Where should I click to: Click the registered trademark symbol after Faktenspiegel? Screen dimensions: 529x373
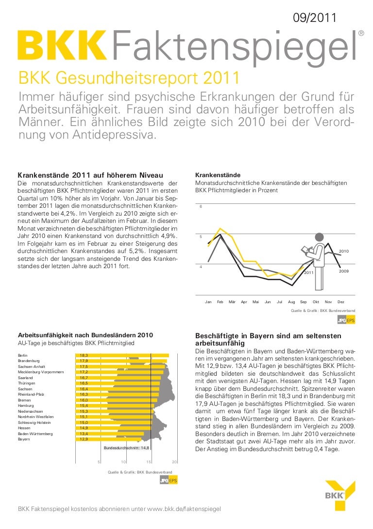click(361, 33)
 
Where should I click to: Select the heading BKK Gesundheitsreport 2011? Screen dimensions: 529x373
click(128, 77)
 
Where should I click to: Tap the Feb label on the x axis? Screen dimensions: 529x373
click(220, 302)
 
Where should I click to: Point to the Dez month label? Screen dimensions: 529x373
click(340, 302)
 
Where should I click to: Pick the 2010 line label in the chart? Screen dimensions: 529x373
click(344, 251)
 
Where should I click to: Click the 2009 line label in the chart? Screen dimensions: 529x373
click(344, 271)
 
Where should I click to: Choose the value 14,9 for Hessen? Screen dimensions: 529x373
click(84, 428)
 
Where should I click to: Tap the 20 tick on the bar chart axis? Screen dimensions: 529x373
click(175, 462)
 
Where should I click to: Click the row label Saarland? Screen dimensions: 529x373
click(26, 378)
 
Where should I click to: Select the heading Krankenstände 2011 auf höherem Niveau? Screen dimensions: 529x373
click(90, 175)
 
